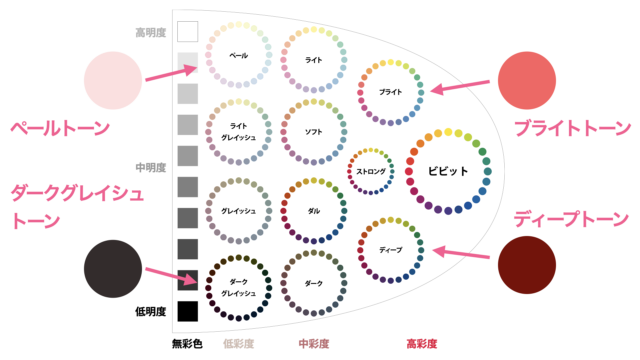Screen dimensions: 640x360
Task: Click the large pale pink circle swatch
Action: [113, 80]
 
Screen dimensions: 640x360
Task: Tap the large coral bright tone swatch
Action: [527, 80]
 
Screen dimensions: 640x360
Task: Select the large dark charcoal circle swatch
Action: [113, 269]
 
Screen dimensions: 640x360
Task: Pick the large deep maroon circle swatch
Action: [527, 265]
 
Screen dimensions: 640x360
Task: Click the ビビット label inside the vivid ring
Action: [448, 171]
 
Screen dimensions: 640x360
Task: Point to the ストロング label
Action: [371, 171]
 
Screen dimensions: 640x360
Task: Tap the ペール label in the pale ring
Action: [238, 56]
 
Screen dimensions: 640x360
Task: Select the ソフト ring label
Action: [313, 132]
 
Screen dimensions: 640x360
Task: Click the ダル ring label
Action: [313, 211]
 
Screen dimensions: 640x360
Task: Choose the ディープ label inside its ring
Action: [391, 250]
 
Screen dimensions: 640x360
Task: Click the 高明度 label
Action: [151, 33]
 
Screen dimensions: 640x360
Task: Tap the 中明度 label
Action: [151, 167]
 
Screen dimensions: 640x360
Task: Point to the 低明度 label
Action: [151, 311]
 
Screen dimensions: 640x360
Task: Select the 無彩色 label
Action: [187, 344]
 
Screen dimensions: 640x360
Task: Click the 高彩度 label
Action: [422, 344]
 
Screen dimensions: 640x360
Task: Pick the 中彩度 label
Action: [313, 344]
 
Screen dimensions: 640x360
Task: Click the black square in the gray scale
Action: [188, 311]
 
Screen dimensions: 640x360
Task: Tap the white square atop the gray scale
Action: [188, 31]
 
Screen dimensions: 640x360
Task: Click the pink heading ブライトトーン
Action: [573, 128]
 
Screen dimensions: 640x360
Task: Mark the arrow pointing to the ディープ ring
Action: [461, 253]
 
